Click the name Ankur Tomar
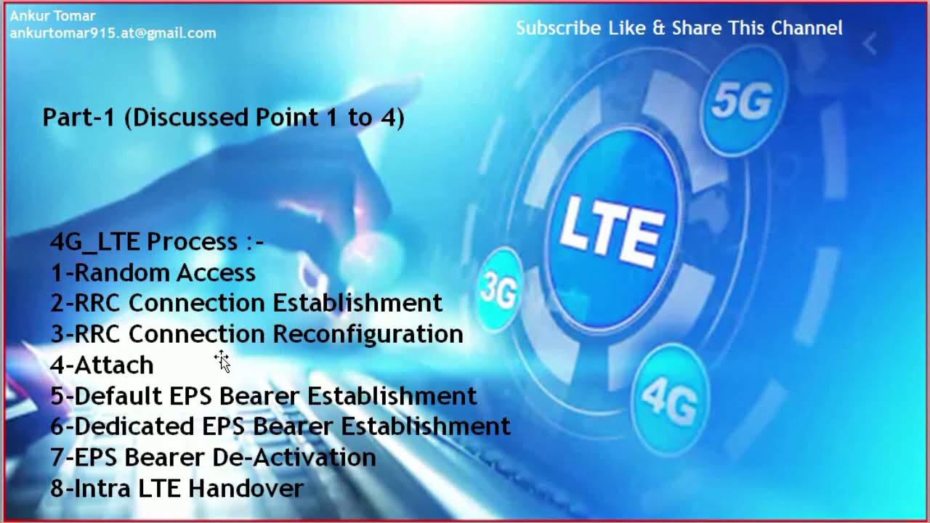pos(52,15)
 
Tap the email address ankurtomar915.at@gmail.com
pos(113,33)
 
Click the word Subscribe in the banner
pos(559,28)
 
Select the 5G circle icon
pos(742,100)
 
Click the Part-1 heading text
pos(223,117)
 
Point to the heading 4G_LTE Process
pos(156,241)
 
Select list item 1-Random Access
pos(153,272)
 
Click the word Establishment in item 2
pos(357,303)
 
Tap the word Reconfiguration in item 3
pos(368,334)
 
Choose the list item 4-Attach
pos(102,365)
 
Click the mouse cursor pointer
pos(222,360)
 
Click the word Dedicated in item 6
pos(135,426)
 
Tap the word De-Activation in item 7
pos(294,458)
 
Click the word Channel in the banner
pos(806,28)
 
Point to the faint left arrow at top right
pos(869,44)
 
